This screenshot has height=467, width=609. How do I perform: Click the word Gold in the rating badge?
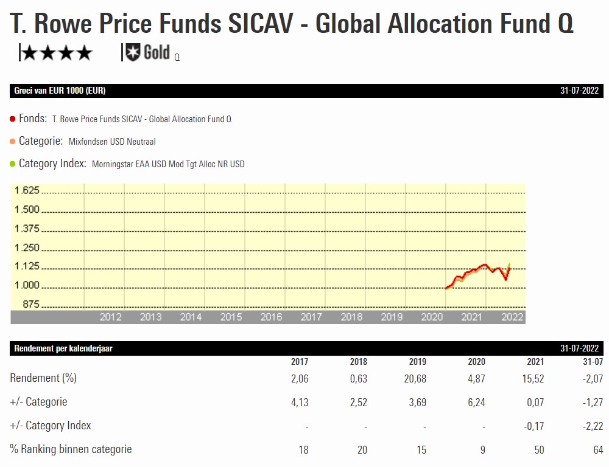[x=157, y=53]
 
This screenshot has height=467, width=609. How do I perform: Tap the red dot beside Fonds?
[x=13, y=119]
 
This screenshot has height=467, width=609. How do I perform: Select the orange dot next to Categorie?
[x=13, y=142]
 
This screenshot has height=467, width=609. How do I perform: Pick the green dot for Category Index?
[x=13, y=164]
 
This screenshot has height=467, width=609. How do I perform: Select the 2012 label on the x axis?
[x=110, y=317]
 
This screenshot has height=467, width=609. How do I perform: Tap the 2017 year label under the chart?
[x=311, y=317]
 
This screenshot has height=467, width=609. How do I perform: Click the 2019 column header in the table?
[x=418, y=362]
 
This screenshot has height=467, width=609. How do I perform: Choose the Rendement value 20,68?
[x=415, y=379]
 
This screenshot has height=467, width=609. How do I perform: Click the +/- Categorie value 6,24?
[x=474, y=403]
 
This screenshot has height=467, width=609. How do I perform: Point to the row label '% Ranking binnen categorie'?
[x=71, y=449]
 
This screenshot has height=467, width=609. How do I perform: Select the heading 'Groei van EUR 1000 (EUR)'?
[x=60, y=91]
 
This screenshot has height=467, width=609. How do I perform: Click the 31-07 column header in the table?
[x=593, y=362]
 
